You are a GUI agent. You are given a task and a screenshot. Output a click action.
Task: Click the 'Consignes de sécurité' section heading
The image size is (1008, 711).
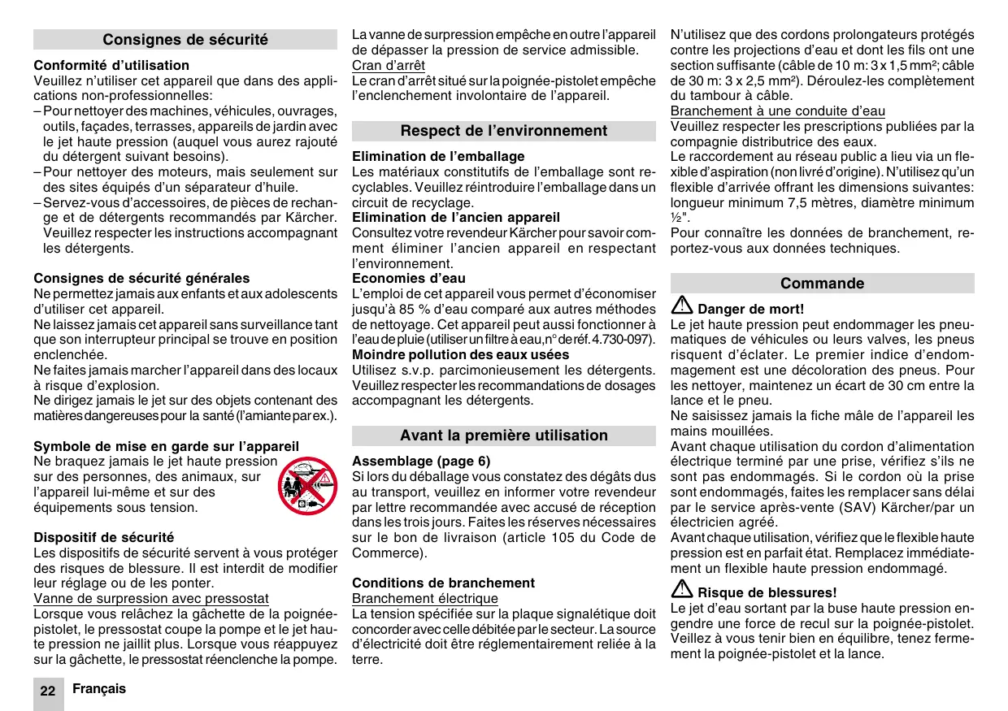click(185, 40)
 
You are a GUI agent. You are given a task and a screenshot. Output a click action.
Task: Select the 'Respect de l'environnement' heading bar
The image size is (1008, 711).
click(504, 131)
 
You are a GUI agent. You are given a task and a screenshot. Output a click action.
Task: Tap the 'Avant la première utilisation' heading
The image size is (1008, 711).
click(504, 436)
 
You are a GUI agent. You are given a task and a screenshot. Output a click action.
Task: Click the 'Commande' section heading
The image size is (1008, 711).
click(822, 284)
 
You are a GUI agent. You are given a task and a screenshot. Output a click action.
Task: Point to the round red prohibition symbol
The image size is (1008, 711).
click(307, 486)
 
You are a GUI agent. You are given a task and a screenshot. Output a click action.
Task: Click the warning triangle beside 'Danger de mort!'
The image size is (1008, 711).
click(681, 307)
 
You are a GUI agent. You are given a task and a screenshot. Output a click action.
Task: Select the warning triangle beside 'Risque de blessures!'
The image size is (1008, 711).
click(681, 591)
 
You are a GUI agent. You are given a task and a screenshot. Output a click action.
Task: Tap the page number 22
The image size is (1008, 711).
click(48, 691)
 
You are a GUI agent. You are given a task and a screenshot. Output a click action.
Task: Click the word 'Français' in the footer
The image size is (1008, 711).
click(99, 689)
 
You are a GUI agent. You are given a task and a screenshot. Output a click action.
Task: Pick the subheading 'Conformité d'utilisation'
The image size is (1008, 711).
click(111, 65)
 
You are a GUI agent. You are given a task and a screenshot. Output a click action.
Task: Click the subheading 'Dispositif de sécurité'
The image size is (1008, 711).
click(104, 537)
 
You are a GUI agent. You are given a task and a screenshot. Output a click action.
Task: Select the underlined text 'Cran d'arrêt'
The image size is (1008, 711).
click(389, 66)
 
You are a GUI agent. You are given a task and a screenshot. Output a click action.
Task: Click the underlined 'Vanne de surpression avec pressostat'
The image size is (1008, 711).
click(151, 599)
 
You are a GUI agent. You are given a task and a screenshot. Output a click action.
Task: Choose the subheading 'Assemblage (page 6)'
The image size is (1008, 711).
click(421, 461)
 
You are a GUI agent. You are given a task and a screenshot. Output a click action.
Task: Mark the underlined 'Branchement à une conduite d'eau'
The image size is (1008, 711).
click(778, 111)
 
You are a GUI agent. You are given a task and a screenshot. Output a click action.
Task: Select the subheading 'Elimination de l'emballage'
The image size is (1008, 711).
click(438, 156)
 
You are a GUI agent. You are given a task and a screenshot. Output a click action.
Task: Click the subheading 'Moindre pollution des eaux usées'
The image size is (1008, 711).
click(461, 354)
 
